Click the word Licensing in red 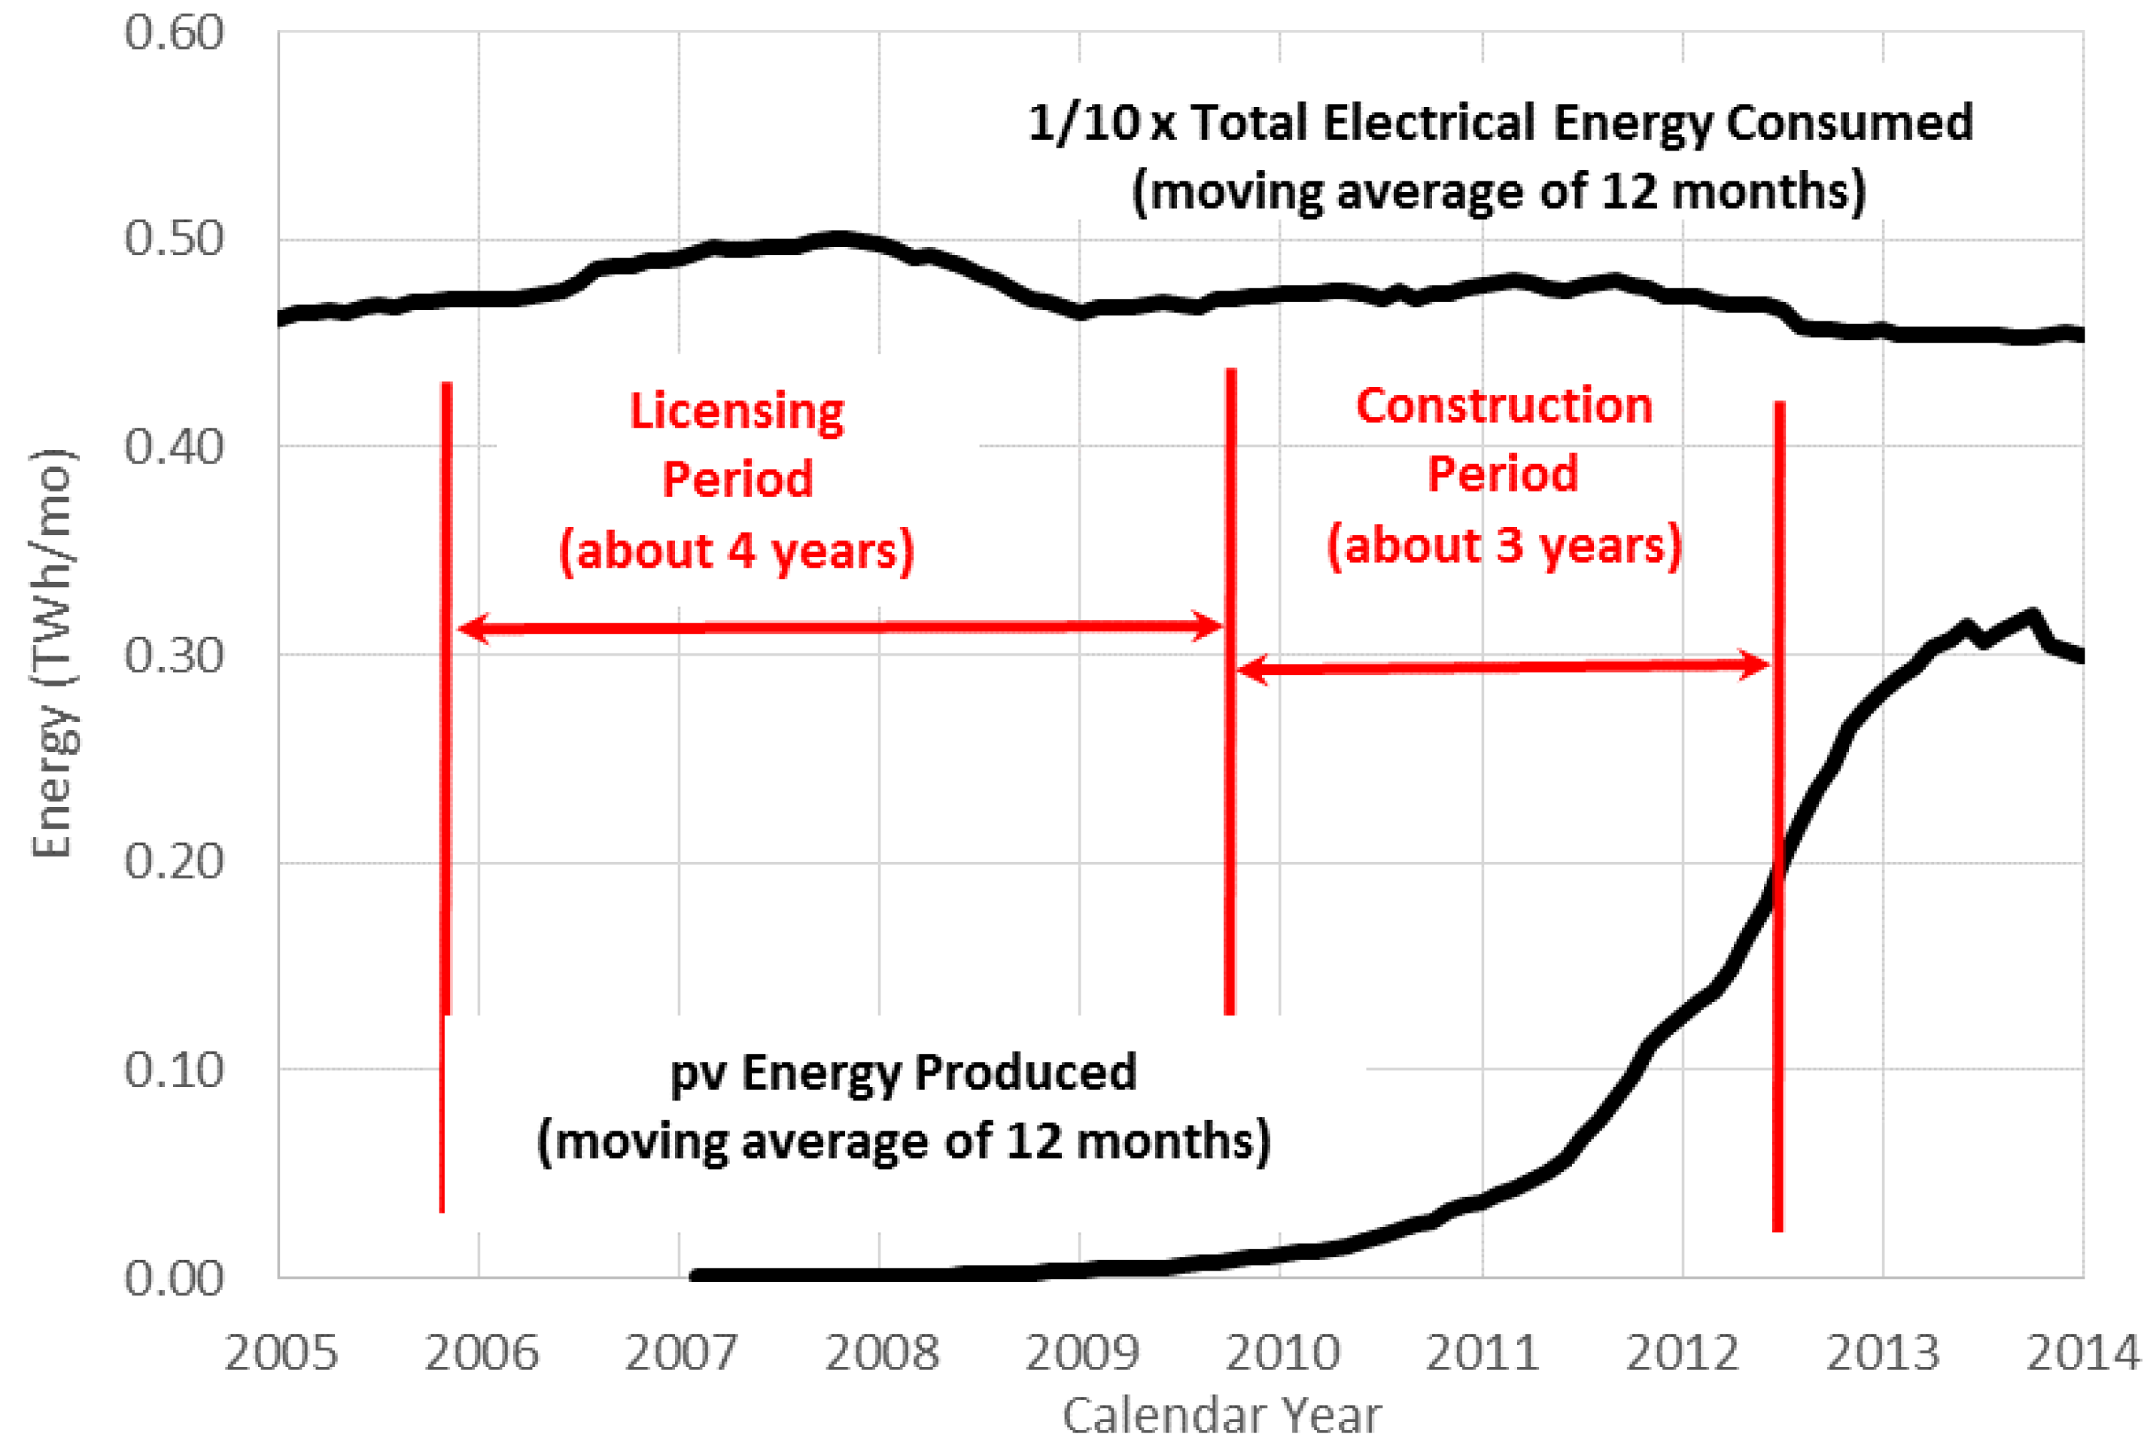tap(736, 410)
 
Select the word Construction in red tap(1504, 406)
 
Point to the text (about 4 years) tap(736, 550)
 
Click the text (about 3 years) tap(1504, 545)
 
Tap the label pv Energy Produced tap(902, 1073)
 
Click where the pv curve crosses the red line tap(1778, 872)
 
